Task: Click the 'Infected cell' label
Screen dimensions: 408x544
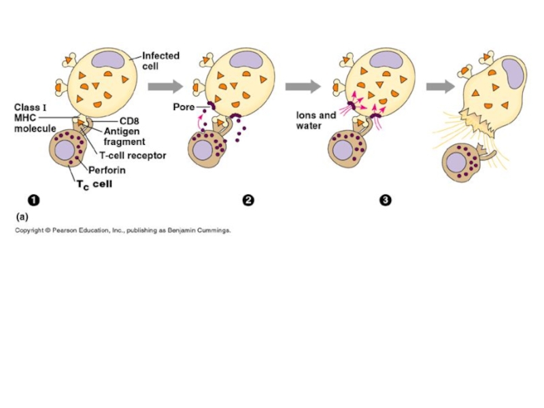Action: click(160, 61)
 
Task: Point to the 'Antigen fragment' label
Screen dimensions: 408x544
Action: click(124, 137)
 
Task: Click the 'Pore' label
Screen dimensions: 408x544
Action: click(184, 107)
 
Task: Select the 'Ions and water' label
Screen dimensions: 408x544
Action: click(316, 120)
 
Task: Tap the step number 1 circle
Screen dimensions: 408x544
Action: click(33, 200)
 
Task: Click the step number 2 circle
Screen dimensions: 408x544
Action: click(248, 200)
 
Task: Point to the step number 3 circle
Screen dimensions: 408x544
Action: click(386, 200)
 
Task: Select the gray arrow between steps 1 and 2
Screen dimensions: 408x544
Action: click(165, 86)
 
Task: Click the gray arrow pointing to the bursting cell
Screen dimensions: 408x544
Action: click(440, 86)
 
